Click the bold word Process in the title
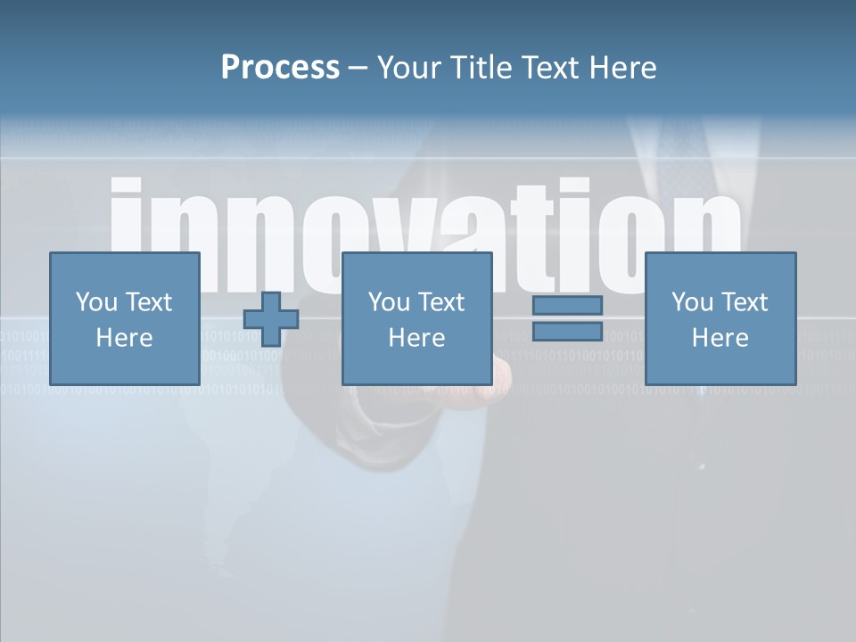[x=280, y=67]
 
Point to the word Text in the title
[x=552, y=67]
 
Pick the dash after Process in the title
[x=358, y=69]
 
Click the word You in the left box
[x=96, y=302]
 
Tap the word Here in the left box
[x=124, y=338]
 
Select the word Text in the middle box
[x=441, y=302]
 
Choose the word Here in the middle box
[x=416, y=338]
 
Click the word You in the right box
[x=692, y=302]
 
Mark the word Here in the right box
[x=720, y=338]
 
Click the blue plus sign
[x=271, y=319]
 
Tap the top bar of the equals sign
[x=567, y=305]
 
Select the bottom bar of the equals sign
[x=567, y=332]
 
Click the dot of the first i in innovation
[x=126, y=189]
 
